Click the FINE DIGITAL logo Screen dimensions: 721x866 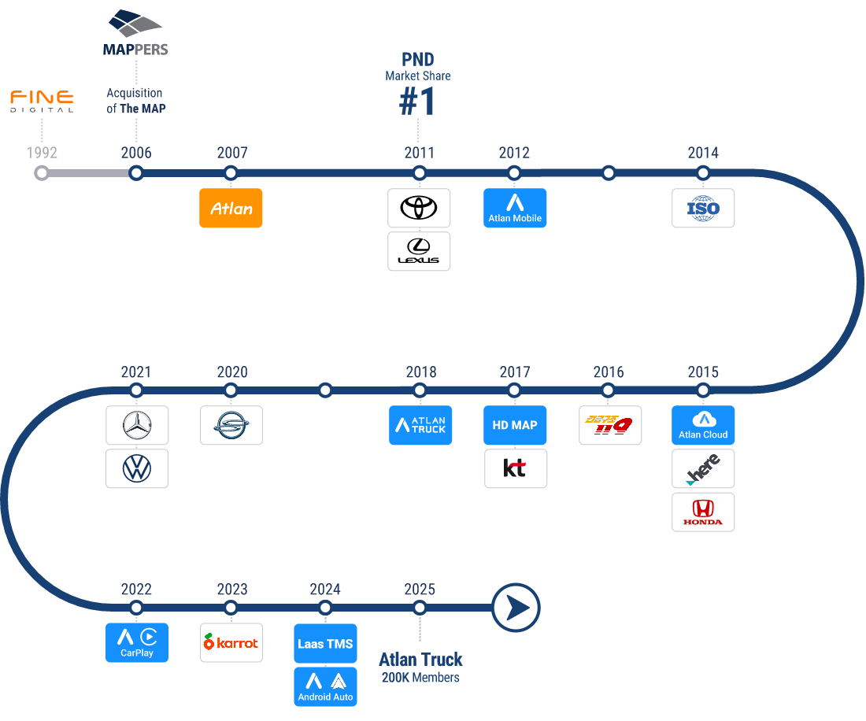pos(42,101)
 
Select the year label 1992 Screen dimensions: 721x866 pos(42,153)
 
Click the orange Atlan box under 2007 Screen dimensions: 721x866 pos(231,209)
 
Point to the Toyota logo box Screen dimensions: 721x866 pos(419,209)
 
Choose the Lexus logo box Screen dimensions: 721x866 pos(419,251)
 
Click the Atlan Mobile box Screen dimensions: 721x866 pos(515,209)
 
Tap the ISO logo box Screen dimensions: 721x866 pos(703,209)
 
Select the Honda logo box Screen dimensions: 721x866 pos(703,512)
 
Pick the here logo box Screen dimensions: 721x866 pos(703,469)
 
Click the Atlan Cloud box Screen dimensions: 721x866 pos(703,426)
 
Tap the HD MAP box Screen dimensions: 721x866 pos(515,426)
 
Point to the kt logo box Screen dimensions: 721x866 pos(515,469)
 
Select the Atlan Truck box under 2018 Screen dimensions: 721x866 pos(420,426)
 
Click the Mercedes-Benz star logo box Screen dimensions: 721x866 pos(137,426)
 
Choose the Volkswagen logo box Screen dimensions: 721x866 pos(137,469)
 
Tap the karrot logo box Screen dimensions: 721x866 pos(231,643)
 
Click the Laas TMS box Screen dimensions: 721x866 pos(325,643)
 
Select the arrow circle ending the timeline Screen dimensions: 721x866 pos(516,608)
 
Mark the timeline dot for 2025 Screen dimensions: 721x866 pos(420,608)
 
